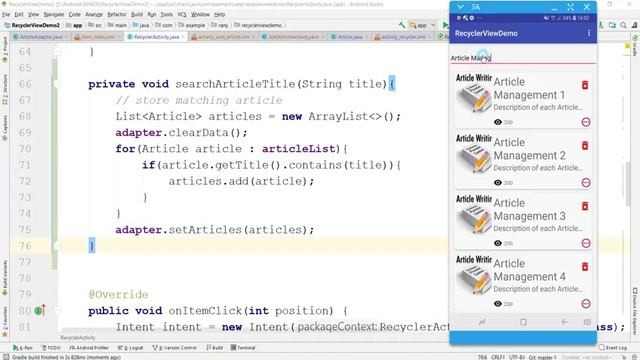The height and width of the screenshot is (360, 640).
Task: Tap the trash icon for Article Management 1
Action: (585, 85)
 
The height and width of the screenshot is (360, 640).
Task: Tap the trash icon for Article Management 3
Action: (585, 205)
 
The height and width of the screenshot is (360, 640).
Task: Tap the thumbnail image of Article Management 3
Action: (473, 223)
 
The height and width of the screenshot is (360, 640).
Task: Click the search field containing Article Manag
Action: (520, 58)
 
